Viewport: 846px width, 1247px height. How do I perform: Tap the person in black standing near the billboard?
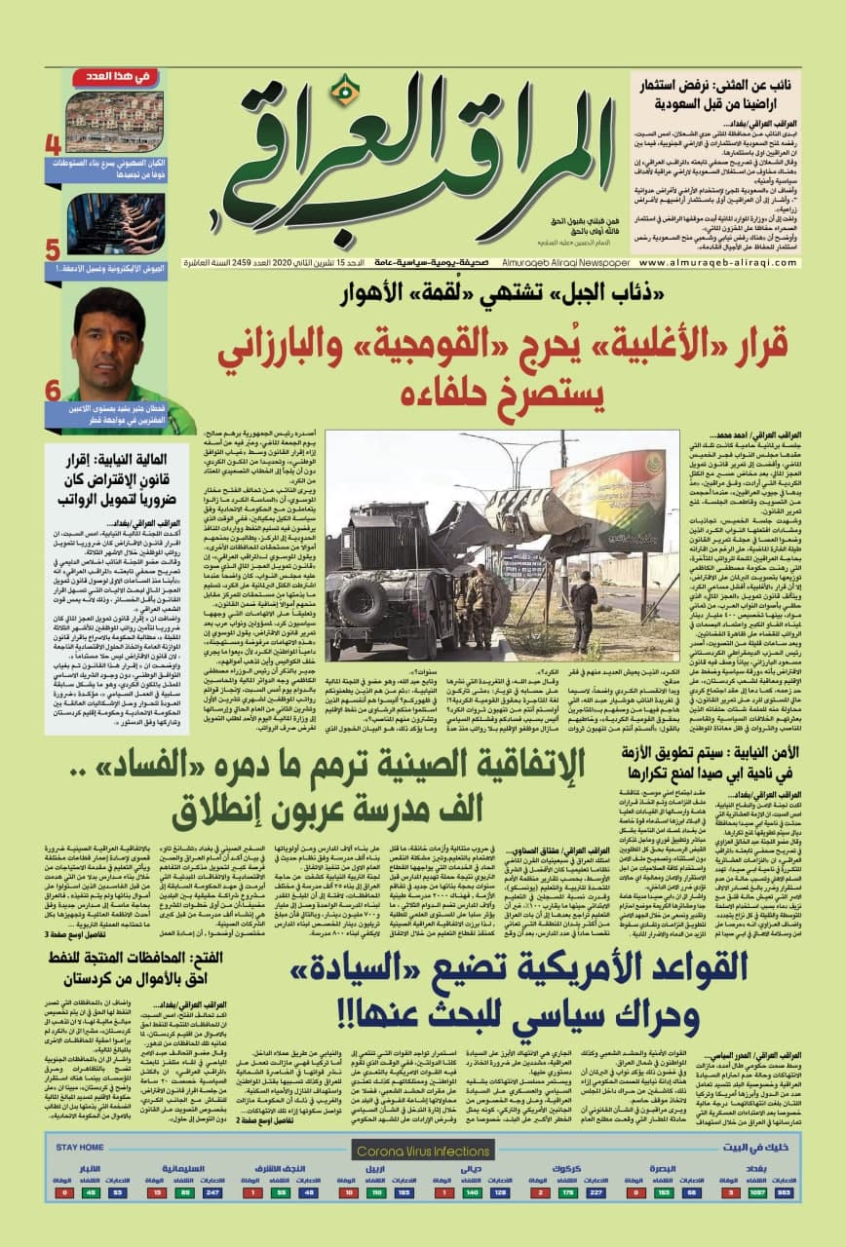click(585, 613)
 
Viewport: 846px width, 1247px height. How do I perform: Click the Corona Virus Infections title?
click(422, 1152)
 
